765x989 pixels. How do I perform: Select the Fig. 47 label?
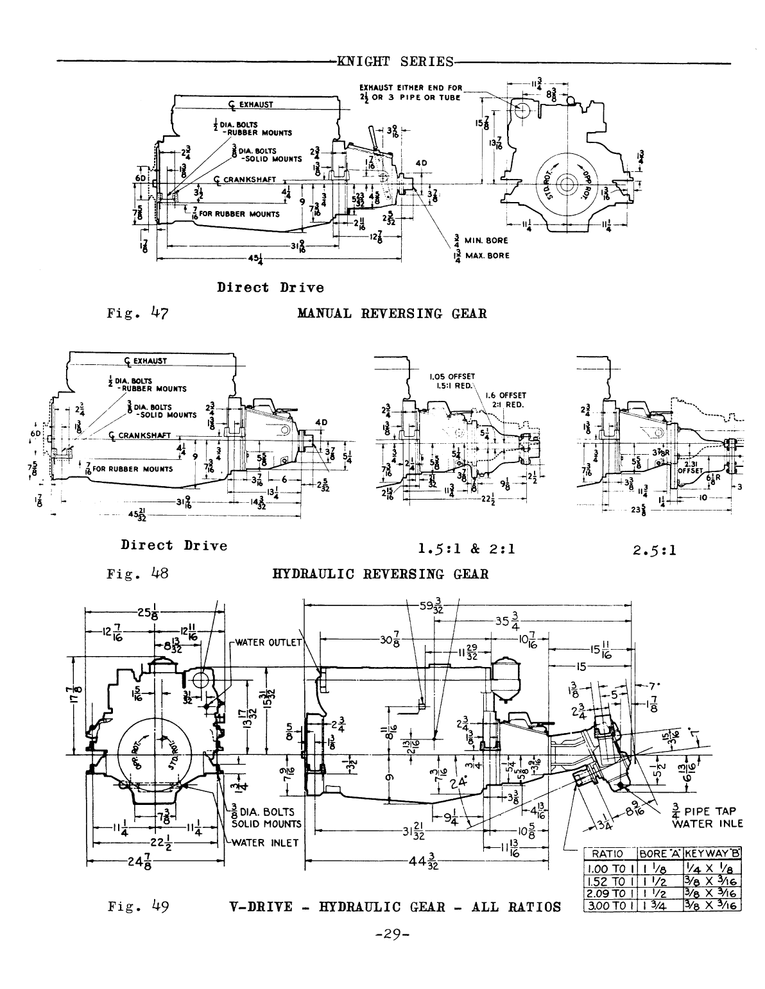[137, 314]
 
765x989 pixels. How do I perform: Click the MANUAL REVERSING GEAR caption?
[391, 314]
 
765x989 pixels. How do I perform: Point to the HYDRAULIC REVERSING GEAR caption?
[381, 573]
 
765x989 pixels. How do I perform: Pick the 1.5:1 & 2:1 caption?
[467, 549]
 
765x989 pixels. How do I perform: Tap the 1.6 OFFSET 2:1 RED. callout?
[506, 400]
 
